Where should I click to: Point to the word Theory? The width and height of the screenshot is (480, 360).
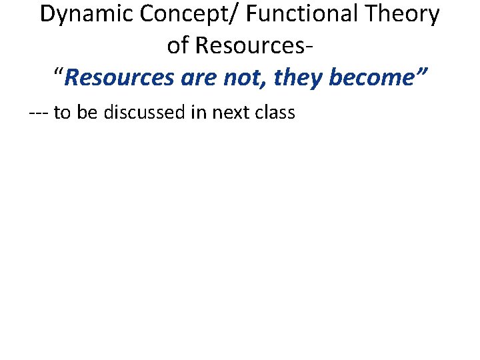coord(406,15)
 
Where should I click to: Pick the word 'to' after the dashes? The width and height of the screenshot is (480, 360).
coord(62,112)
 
